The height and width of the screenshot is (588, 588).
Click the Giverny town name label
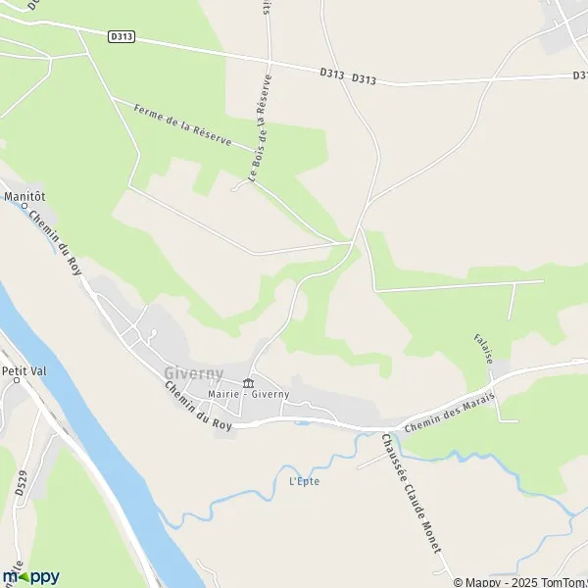click(x=193, y=373)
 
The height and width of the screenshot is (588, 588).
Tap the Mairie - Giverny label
click(x=248, y=395)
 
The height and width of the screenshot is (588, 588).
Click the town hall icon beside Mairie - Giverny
click(x=248, y=382)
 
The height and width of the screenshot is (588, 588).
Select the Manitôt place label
click(x=25, y=196)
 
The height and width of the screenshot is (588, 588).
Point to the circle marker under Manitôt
click(x=24, y=206)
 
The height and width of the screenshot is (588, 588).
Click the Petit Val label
click(x=24, y=370)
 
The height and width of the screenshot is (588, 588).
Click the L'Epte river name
click(x=305, y=481)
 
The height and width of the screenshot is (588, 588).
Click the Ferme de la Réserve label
click(x=172, y=124)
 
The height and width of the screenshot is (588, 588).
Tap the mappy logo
click(x=31, y=576)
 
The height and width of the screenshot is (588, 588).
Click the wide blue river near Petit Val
click(x=98, y=431)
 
